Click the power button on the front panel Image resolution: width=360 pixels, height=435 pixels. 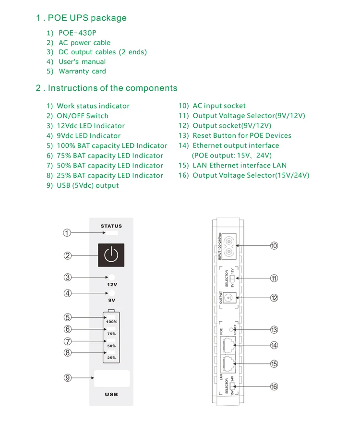111,255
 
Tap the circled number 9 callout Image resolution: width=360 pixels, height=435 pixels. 68,378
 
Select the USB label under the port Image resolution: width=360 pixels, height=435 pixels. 111,395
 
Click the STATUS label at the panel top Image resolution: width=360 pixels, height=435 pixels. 111,226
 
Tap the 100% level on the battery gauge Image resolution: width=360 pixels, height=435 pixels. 111,321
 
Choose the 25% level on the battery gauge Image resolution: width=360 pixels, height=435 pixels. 111,358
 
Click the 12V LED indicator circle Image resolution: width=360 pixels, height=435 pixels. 111,277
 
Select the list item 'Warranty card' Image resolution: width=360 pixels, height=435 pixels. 82,71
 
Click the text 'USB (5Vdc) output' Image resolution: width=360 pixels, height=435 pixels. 87,185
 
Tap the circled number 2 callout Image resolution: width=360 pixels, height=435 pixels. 68,255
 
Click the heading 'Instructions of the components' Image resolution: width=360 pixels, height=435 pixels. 112,88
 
